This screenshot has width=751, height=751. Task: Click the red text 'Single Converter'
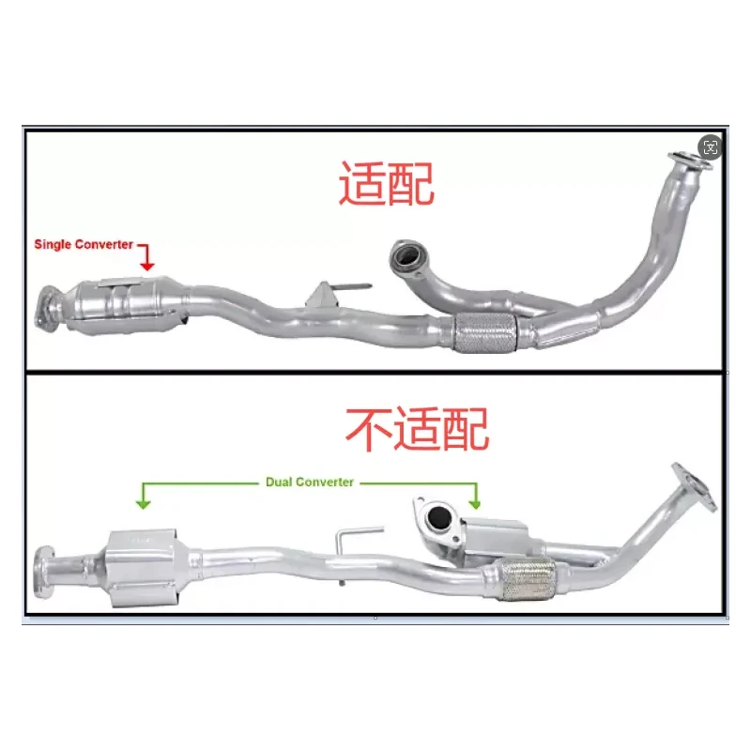tap(84, 244)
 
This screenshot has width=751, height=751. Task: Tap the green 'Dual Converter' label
tap(310, 482)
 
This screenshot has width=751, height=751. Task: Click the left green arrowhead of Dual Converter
tap(143, 504)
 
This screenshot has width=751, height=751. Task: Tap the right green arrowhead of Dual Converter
tap(476, 504)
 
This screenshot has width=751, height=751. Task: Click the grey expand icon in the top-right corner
tap(711, 146)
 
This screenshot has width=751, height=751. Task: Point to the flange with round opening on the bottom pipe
tap(436, 518)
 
